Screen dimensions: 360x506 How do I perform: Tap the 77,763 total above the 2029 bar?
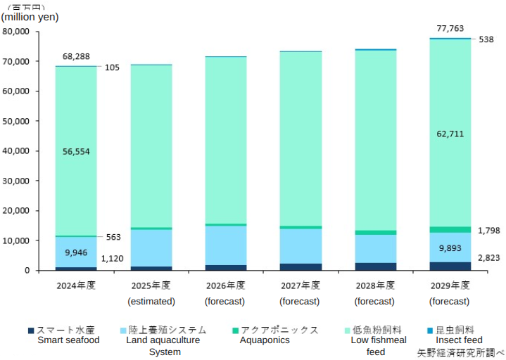coord(450,28)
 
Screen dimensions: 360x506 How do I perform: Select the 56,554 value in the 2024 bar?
coord(76,151)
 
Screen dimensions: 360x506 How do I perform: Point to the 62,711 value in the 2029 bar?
coord(450,134)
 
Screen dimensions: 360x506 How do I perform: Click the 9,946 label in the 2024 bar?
coord(76,252)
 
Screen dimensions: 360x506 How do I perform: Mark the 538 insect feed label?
coord(486,39)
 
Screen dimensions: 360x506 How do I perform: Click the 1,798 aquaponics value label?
coord(488,230)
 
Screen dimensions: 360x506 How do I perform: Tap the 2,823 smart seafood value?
coord(488,258)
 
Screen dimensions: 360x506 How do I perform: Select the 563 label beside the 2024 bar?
coord(114,237)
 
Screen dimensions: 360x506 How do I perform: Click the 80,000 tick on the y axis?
coord(16,32)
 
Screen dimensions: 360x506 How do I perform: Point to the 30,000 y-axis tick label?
coord(16,181)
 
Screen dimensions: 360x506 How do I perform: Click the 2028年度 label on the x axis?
coord(375,285)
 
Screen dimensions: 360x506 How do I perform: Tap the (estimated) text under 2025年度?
coord(151,301)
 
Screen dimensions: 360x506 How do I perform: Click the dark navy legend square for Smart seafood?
coord(31,330)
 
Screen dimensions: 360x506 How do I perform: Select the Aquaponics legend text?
coord(265,340)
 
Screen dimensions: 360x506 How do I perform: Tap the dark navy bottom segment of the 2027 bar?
coord(301,266)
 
